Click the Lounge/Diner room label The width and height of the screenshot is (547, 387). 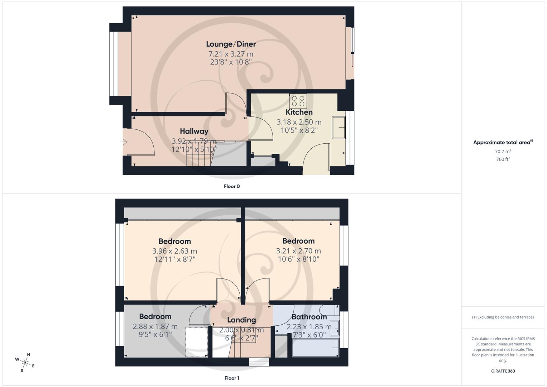tap(231, 44)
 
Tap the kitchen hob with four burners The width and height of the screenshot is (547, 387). tap(298, 101)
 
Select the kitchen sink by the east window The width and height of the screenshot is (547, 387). tap(339, 127)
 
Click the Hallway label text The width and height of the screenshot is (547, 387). tap(194, 131)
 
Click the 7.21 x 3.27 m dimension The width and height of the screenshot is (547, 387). tap(231, 54)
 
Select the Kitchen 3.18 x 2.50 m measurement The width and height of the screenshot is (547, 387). tap(299, 122)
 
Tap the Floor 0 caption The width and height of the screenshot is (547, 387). tap(232, 186)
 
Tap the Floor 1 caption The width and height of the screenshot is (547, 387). tap(232, 378)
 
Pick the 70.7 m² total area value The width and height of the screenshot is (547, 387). tap(503, 152)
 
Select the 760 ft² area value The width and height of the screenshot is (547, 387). tap(503, 159)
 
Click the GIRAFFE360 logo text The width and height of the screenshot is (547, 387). tap(503, 371)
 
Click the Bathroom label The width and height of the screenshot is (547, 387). tap(309, 317)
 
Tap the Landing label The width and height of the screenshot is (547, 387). tap(241, 320)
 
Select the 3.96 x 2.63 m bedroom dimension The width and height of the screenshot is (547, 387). tap(174, 251)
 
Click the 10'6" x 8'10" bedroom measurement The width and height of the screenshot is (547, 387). tap(298, 259)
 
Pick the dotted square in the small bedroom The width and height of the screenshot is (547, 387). tap(197, 342)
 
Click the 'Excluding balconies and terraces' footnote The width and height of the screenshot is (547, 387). tap(503, 317)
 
